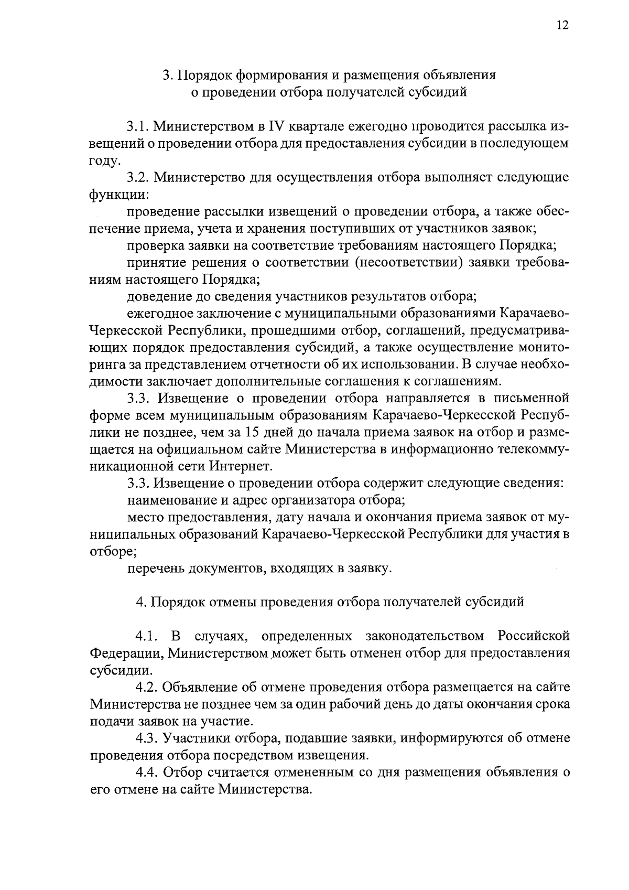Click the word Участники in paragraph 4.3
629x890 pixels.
[x=194, y=738]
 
